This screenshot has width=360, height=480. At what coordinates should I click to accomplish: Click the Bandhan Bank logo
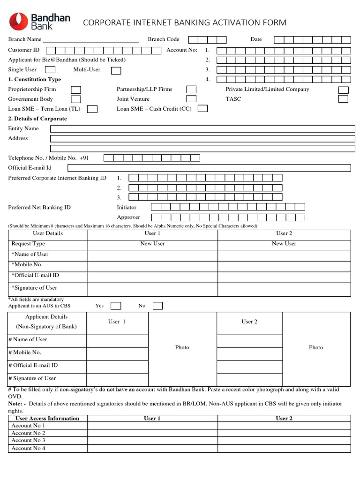click(x=40, y=22)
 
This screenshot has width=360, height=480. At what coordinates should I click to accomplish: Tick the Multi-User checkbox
click(x=116, y=70)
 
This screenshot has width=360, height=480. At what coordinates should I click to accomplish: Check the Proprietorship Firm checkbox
click(x=75, y=90)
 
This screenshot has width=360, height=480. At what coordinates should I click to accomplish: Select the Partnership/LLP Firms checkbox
click(x=191, y=90)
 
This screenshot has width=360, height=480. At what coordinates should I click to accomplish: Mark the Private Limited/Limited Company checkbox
click(x=343, y=90)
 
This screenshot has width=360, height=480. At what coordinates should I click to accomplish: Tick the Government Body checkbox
click(x=75, y=99)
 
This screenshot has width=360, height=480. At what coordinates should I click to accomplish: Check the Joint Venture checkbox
click(x=191, y=99)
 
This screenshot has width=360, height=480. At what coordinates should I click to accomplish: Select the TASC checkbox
click(x=343, y=99)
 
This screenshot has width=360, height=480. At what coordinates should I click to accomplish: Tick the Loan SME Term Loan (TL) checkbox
click(x=93, y=109)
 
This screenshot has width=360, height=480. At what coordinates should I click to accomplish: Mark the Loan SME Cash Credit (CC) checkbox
click(x=202, y=109)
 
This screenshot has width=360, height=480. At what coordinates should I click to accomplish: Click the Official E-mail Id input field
click(x=209, y=168)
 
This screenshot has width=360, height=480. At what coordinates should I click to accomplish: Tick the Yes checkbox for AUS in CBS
click(x=116, y=306)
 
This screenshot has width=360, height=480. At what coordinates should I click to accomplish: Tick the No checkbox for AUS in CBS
click(x=158, y=306)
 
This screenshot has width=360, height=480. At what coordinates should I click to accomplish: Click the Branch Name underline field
click(x=91, y=40)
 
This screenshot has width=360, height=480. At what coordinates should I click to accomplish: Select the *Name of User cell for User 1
click(x=152, y=255)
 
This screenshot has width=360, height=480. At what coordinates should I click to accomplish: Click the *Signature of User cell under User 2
click(x=284, y=289)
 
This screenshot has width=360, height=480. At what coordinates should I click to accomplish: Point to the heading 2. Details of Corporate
click(x=37, y=119)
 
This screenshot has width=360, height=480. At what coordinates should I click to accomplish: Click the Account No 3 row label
click(x=28, y=441)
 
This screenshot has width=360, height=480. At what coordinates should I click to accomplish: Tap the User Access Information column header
click(x=47, y=419)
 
